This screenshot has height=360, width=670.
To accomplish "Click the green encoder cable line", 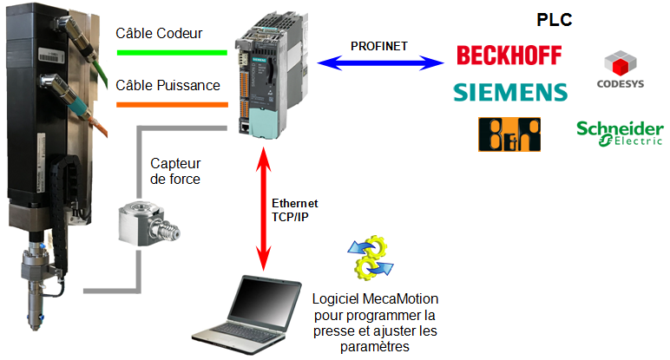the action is pos(172,53).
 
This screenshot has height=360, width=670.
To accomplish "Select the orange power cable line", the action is pos(172,105).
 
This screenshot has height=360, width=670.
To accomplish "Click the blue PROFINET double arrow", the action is pos(380,62).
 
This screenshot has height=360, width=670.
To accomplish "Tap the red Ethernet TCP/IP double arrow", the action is pos(264,209).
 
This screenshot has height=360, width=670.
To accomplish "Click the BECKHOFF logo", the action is pos(509,56).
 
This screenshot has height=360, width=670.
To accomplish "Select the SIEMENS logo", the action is pos(510,92).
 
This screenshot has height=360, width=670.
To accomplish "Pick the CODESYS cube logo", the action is pos(621,69).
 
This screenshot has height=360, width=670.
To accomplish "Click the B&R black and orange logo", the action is pos(509,134).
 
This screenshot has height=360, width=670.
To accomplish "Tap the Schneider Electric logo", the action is pos(620,134).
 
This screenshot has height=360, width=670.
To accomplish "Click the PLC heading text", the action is pos(555,20).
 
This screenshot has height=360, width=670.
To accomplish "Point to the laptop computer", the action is pos(247,315).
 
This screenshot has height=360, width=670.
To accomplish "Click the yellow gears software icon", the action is pos(370,258).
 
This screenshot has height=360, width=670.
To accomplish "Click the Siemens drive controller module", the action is pos(272,75).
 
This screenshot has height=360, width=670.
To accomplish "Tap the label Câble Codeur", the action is pos(159,33).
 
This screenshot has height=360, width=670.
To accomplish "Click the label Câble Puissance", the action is pos(167,85).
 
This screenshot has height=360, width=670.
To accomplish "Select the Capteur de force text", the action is pos(175,171).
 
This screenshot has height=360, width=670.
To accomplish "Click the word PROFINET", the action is pos(379,46).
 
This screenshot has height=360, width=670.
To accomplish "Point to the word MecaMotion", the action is pos(396,299).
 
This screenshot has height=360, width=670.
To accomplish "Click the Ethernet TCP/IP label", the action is pos(295,210).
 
